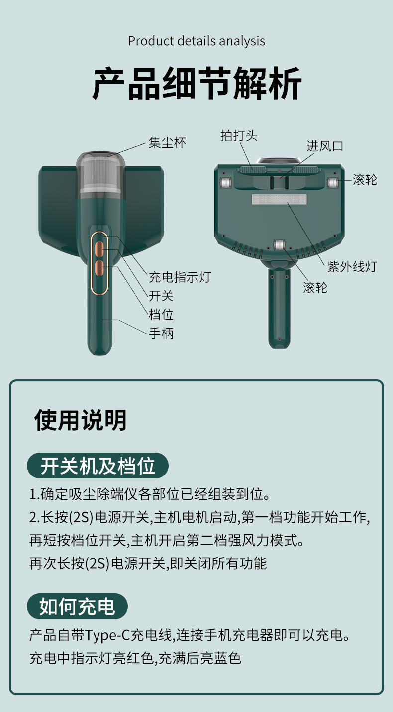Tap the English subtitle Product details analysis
coord(196,41)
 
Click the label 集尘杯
coord(167,143)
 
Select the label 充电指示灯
coord(180,277)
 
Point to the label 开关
coord(161,296)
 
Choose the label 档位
coord(161,315)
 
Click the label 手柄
coord(161,333)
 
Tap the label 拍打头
coord(239,135)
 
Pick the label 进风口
coord(324,146)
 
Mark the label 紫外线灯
coord(352,267)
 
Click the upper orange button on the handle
coord(99,248)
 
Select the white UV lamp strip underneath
coord(279,200)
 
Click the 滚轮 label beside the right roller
coord(365,180)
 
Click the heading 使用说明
coord(80,420)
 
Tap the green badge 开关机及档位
coord(98,466)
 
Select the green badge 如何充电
coord(77,606)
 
